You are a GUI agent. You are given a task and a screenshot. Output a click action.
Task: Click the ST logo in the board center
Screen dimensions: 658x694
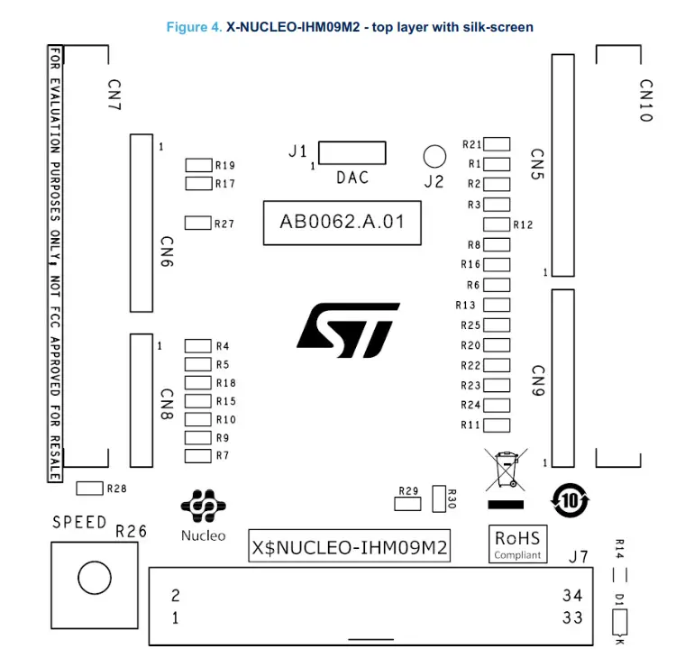(348, 330)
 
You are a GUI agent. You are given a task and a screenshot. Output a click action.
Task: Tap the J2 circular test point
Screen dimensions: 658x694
(434, 157)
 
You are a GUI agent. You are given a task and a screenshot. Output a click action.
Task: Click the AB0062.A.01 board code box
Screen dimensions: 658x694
(342, 222)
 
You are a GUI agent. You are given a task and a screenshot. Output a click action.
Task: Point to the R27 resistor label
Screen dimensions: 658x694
(224, 224)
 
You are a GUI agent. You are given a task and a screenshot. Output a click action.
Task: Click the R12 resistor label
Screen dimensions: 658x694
(524, 225)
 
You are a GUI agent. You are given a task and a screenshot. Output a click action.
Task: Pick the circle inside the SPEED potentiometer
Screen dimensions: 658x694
(95, 577)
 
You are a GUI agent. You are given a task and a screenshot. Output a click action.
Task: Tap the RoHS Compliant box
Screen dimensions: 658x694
(517, 544)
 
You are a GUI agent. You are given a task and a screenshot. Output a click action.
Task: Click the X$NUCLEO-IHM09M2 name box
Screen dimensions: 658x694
(350, 547)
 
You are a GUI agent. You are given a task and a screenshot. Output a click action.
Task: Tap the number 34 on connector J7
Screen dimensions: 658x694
(572, 596)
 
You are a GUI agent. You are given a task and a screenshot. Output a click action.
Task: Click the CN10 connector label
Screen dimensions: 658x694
(645, 101)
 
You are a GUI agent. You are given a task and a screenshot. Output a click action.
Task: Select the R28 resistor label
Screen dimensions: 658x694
(117, 489)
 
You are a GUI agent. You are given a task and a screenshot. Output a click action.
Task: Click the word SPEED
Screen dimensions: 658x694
(79, 522)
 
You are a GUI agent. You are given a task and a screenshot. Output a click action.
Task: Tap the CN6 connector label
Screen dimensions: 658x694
(167, 252)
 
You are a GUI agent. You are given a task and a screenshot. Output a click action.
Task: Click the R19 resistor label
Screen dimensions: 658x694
(224, 166)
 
